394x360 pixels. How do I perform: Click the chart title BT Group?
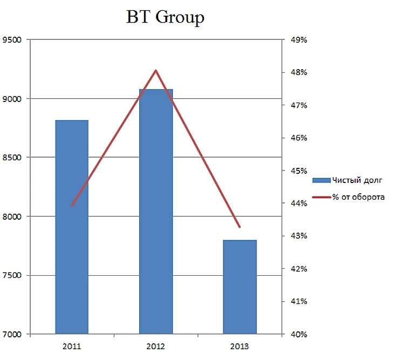[x=165, y=18]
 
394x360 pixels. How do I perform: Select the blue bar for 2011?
[x=72, y=227]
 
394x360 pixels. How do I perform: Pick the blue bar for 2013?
[x=240, y=287]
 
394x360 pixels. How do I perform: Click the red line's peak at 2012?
[x=155, y=71]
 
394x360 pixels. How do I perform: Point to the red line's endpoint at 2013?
[x=240, y=227]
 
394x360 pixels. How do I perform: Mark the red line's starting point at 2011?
[x=72, y=206]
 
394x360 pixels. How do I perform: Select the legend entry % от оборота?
[x=358, y=197]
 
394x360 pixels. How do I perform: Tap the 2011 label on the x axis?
[x=72, y=346]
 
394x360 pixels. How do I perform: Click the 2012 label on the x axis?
[x=156, y=346]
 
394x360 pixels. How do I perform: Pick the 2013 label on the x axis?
[x=240, y=346]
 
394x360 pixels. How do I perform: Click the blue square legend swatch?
[x=321, y=180]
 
